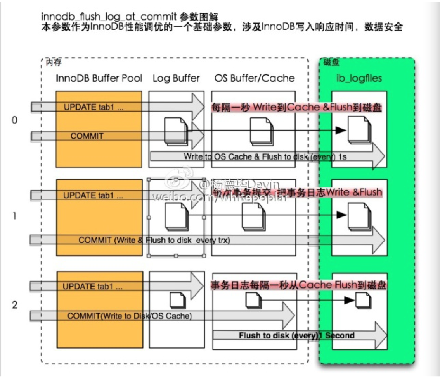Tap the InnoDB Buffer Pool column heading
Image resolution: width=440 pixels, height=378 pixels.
99,79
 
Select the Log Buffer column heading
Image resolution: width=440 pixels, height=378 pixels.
176,79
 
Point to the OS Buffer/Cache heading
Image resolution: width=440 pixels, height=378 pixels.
255,79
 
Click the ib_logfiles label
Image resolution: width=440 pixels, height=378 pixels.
359,79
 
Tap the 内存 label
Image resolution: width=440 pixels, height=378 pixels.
54,62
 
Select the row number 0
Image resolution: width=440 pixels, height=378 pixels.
14,120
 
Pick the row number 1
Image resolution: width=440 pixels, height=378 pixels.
14,216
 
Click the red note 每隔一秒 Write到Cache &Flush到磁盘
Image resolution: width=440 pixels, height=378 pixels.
297,108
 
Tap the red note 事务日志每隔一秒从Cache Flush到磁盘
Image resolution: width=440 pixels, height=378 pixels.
298,285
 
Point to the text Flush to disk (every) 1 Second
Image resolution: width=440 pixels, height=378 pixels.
296,335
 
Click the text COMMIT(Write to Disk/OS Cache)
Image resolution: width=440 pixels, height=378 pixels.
130,316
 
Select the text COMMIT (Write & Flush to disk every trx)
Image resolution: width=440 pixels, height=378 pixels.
154,240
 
